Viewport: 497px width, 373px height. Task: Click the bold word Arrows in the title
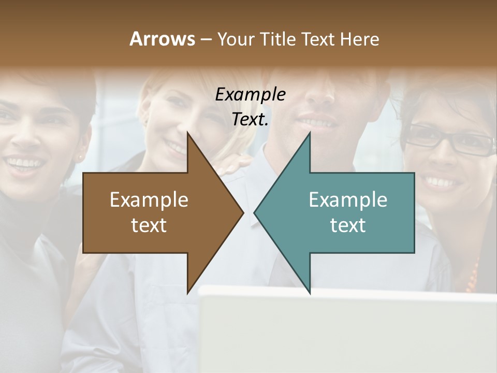coord(162,39)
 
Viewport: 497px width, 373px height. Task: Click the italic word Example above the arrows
coord(250,95)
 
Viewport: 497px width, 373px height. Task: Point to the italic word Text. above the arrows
coord(250,120)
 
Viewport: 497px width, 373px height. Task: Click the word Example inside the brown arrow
coord(149,200)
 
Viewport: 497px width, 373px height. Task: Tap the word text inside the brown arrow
coord(149,225)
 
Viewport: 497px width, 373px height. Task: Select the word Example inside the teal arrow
coord(348,200)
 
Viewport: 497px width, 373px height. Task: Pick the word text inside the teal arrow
coord(348,225)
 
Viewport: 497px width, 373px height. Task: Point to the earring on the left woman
coord(81,156)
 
